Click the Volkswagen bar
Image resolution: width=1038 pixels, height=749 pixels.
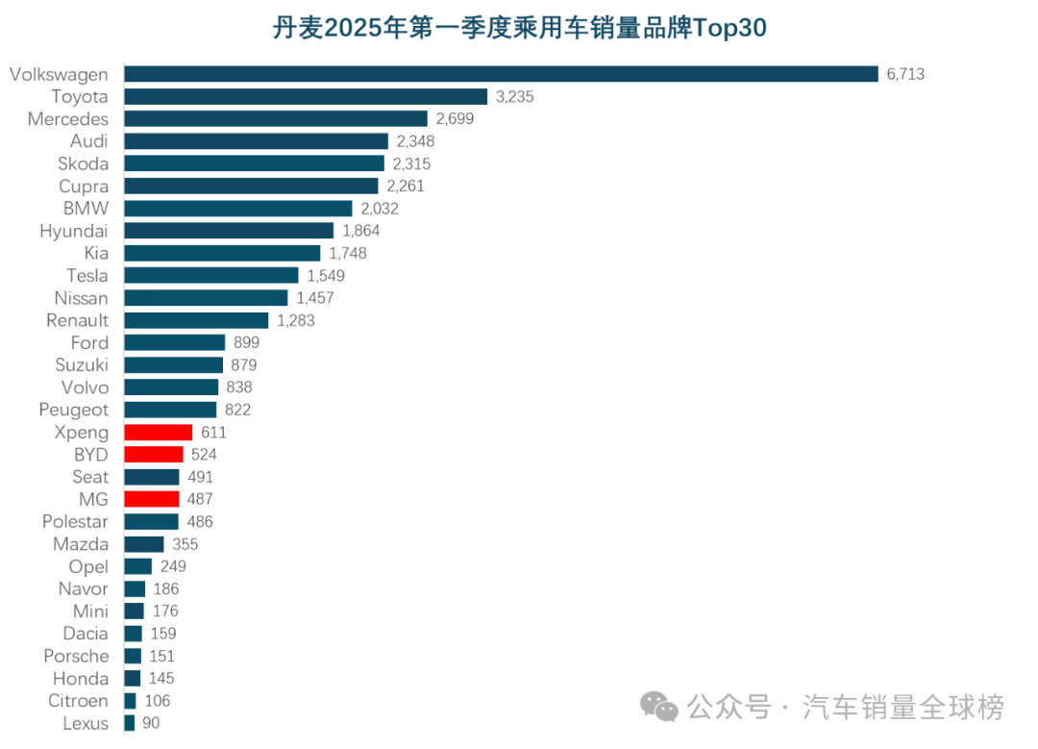pos(501,74)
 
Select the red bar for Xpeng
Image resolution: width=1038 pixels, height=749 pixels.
pos(158,433)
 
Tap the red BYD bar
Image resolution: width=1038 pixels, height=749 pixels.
pos(153,455)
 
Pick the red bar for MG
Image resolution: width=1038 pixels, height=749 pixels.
pos(151,499)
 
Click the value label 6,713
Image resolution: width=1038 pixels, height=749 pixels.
pos(905,74)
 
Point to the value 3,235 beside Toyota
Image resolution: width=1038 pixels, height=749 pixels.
pos(514,96)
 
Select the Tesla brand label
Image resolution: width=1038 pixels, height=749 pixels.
pos(87,276)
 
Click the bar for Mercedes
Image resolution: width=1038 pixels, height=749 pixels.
pos(275,118)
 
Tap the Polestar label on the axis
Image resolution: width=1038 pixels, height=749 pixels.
pos(75,522)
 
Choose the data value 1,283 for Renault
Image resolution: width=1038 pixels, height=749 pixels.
pos(296,320)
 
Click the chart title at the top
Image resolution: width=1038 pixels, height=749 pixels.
pos(519,29)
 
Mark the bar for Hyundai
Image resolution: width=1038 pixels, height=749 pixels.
pos(229,231)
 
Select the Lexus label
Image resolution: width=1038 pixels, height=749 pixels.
pos(86,724)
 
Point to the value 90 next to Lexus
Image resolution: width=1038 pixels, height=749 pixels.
pos(152,724)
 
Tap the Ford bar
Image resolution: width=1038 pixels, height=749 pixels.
pos(174,343)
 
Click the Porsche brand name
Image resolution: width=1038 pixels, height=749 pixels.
pos(76,657)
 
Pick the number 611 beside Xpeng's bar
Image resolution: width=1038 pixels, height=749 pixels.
pos(213,433)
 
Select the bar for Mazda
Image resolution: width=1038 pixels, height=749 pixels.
pos(143,544)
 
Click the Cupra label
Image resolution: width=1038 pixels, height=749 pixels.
pos(84,187)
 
